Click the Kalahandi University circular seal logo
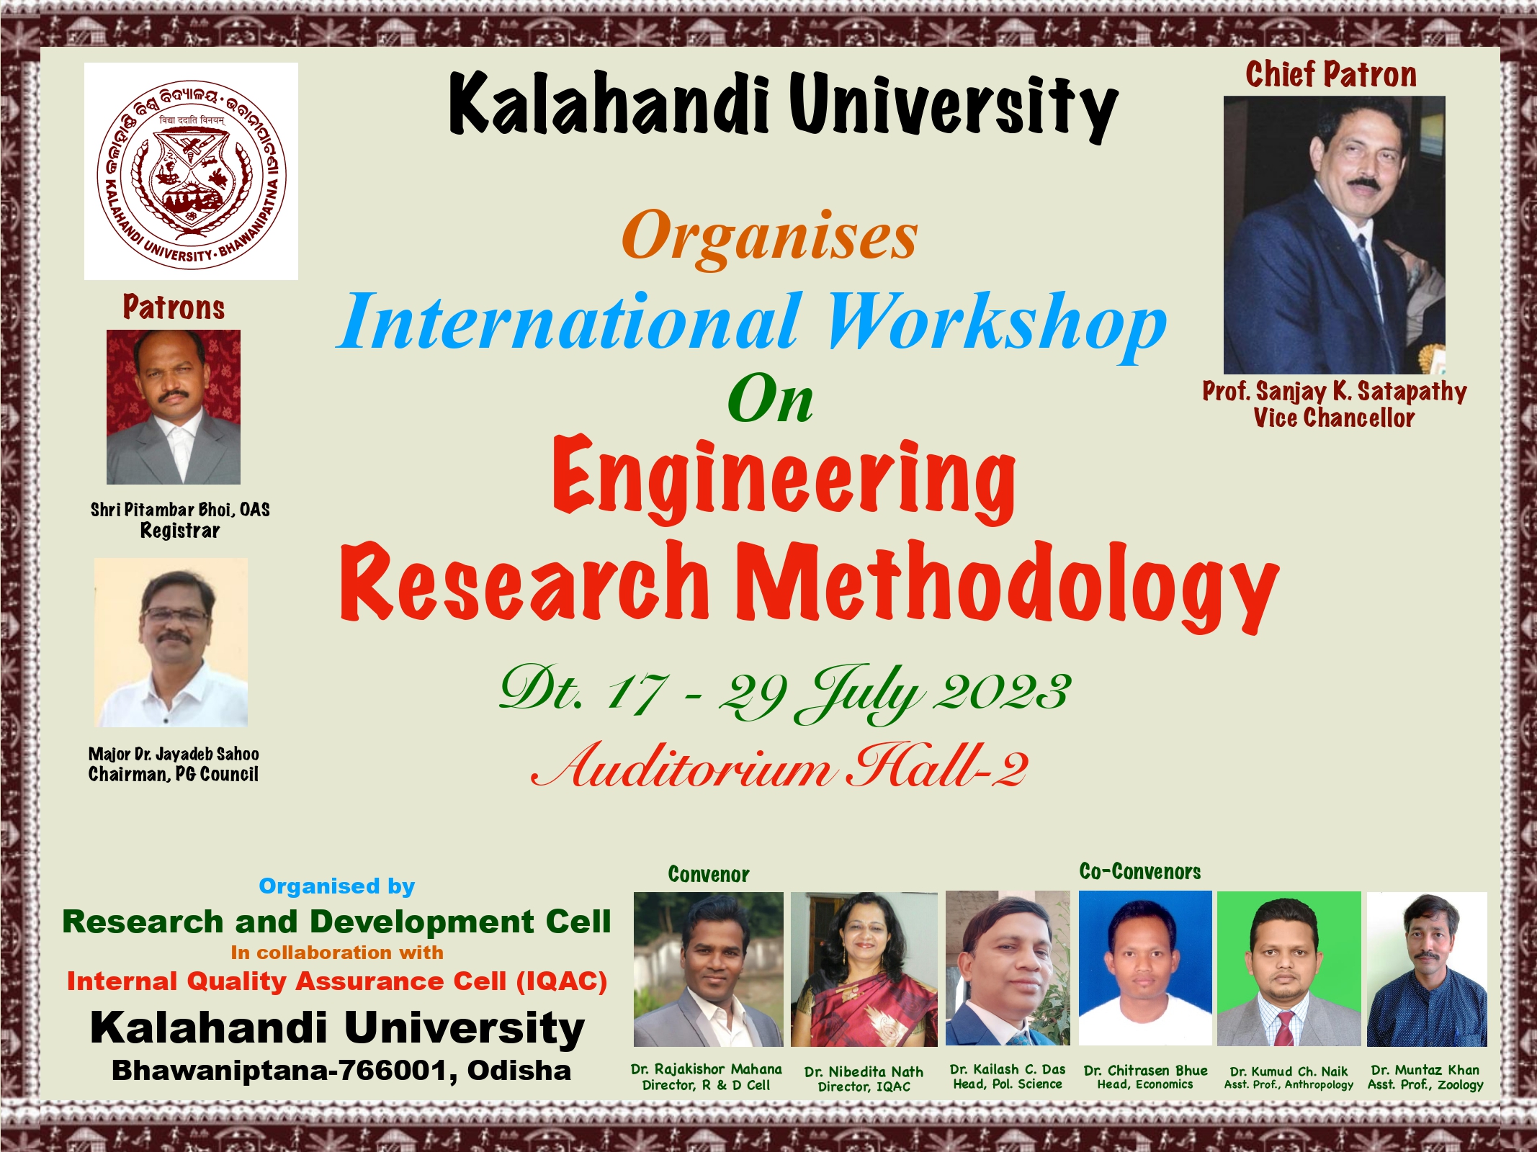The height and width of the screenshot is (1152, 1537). pyautogui.click(x=192, y=171)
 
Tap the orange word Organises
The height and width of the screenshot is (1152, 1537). pyautogui.click(x=769, y=235)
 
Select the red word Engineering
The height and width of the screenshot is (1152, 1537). pyautogui.click(x=784, y=478)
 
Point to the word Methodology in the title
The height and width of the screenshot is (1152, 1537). pyautogui.click(x=1009, y=583)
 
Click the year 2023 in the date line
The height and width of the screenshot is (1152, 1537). pyautogui.click(x=1002, y=692)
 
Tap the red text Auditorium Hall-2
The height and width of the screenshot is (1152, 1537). pyautogui.click(x=780, y=768)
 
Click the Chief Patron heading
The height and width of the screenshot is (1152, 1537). pyautogui.click(x=1331, y=75)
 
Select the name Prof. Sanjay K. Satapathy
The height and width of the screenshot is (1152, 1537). pyautogui.click(x=1334, y=392)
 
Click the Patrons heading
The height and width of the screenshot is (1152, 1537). pyautogui.click(x=174, y=307)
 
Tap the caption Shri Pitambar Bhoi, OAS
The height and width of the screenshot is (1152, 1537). pyautogui.click(x=180, y=510)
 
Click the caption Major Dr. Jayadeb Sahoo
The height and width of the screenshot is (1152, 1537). pyautogui.click(x=174, y=754)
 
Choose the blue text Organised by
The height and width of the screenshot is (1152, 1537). pyautogui.click(x=337, y=886)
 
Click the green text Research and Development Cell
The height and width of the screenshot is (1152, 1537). pyautogui.click(x=336, y=922)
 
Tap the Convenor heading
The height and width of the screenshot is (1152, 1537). pyautogui.click(x=709, y=875)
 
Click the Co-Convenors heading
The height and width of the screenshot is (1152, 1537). pyautogui.click(x=1140, y=872)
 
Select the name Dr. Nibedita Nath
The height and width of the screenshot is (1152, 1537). pyautogui.click(x=864, y=1071)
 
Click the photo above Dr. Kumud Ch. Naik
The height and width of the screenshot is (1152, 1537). pyautogui.click(x=1289, y=968)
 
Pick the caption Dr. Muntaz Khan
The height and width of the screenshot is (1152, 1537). pyautogui.click(x=1425, y=1070)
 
